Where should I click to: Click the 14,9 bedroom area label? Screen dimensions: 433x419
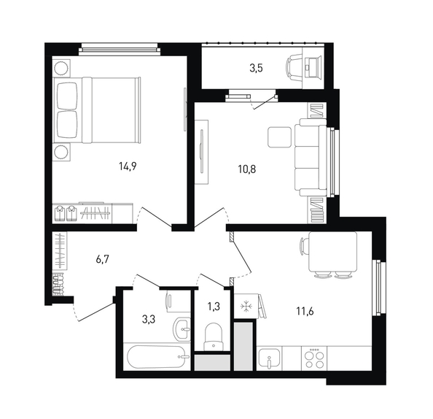pos(128,166)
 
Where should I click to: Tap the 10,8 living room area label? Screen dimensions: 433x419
pos(247,169)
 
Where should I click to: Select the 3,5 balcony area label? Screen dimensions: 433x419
pos(256,68)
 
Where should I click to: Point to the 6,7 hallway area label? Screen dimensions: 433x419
pos(103,259)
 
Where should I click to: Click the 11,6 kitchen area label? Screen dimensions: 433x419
pos(305,312)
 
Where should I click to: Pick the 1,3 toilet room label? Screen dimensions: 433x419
pos(214,307)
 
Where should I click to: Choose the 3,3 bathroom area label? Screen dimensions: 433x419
pos(149,320)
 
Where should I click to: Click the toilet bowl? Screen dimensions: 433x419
pos(214,337)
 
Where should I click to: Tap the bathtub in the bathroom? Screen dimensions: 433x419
pos(157,357)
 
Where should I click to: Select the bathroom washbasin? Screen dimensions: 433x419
pos(182,329)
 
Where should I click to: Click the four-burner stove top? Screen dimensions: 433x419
pos(314,358)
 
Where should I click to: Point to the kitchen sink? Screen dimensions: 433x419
pos(268,358)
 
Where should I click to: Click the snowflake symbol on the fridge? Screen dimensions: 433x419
pos(245,306)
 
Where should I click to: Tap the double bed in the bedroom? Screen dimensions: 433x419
pos(97,110)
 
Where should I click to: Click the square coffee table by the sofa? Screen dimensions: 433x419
pos(279,137)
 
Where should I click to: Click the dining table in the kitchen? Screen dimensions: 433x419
pos(333,252)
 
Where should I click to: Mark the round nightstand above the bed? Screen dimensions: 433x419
pos(61,67)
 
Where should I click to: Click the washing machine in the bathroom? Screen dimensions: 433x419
pos(179,301)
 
